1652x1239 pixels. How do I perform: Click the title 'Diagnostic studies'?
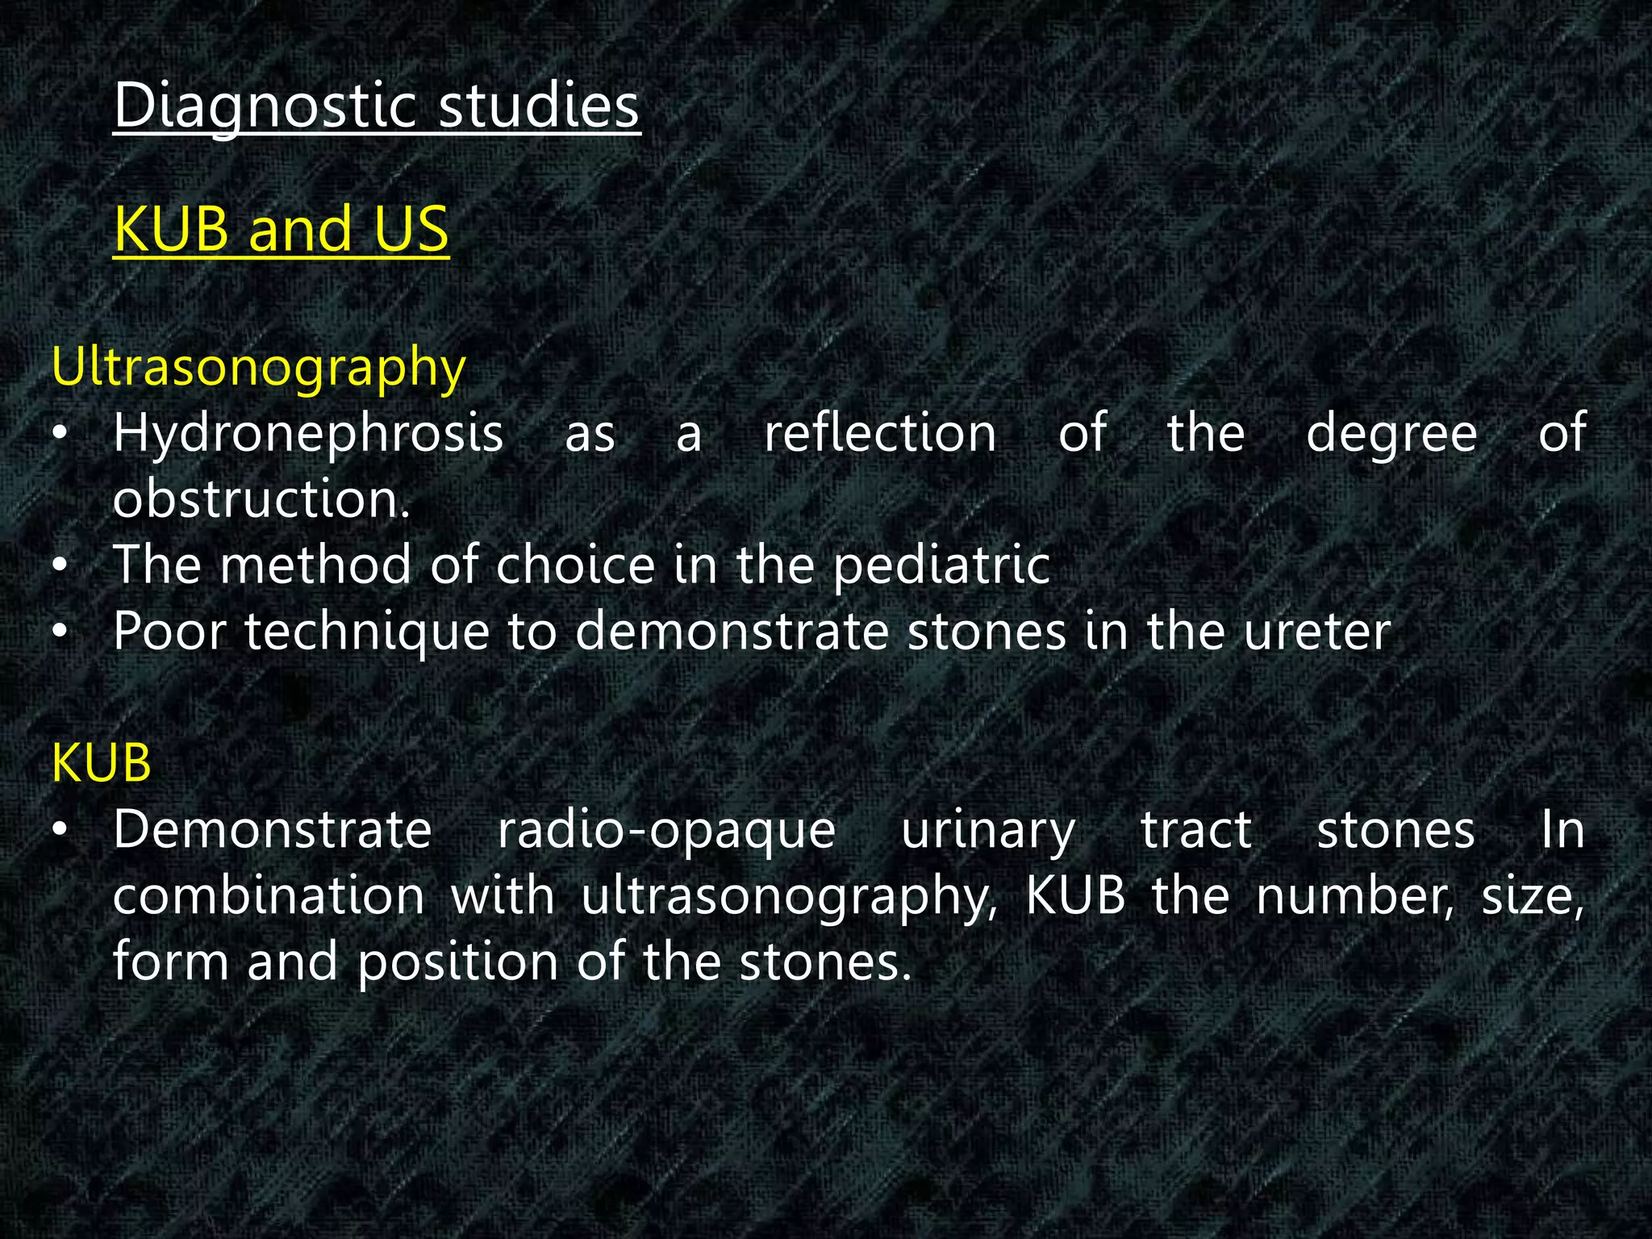click(376, 106)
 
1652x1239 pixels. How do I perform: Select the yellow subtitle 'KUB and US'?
click(281, 229)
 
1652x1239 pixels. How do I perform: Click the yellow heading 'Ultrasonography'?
click(258, 368)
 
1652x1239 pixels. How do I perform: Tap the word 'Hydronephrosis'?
click(308, 434)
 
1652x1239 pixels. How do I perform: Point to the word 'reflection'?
click(880, 433)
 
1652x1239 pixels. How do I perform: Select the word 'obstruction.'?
click(261, 499)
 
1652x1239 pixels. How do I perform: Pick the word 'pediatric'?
click(941, 566)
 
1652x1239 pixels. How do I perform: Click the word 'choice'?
click(575, 565)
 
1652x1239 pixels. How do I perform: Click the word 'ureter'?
click(1317, 632)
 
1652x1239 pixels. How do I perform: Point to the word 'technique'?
click(367, 632)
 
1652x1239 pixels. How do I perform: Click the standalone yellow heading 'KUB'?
click(101, 763)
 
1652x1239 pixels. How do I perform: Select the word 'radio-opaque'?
click(666, 831)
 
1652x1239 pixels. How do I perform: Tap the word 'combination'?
click(269, 896)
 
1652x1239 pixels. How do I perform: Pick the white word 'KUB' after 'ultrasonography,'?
click(1074, 896)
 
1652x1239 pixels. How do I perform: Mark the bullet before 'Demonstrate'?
click(59, 831)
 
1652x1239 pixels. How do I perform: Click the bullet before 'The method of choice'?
click(59, 566)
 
